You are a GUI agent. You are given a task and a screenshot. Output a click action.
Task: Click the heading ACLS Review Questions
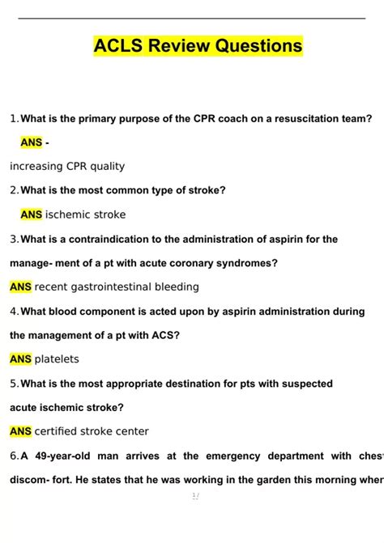(198, 46)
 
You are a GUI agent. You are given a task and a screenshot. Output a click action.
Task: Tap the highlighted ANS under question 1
(32, 142)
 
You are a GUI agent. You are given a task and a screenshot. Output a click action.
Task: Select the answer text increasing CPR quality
(67, 166)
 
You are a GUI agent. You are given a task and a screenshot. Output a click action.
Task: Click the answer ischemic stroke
(85, 215)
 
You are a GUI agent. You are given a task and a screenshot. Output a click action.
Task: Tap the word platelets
(57, 359)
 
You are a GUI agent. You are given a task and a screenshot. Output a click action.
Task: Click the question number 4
(14, 312)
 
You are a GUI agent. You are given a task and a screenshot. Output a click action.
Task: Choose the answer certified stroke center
(92, 431)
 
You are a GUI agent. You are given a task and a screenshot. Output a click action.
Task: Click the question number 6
(14, 456)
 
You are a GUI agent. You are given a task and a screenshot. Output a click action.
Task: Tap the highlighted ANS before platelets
(20, 359)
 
